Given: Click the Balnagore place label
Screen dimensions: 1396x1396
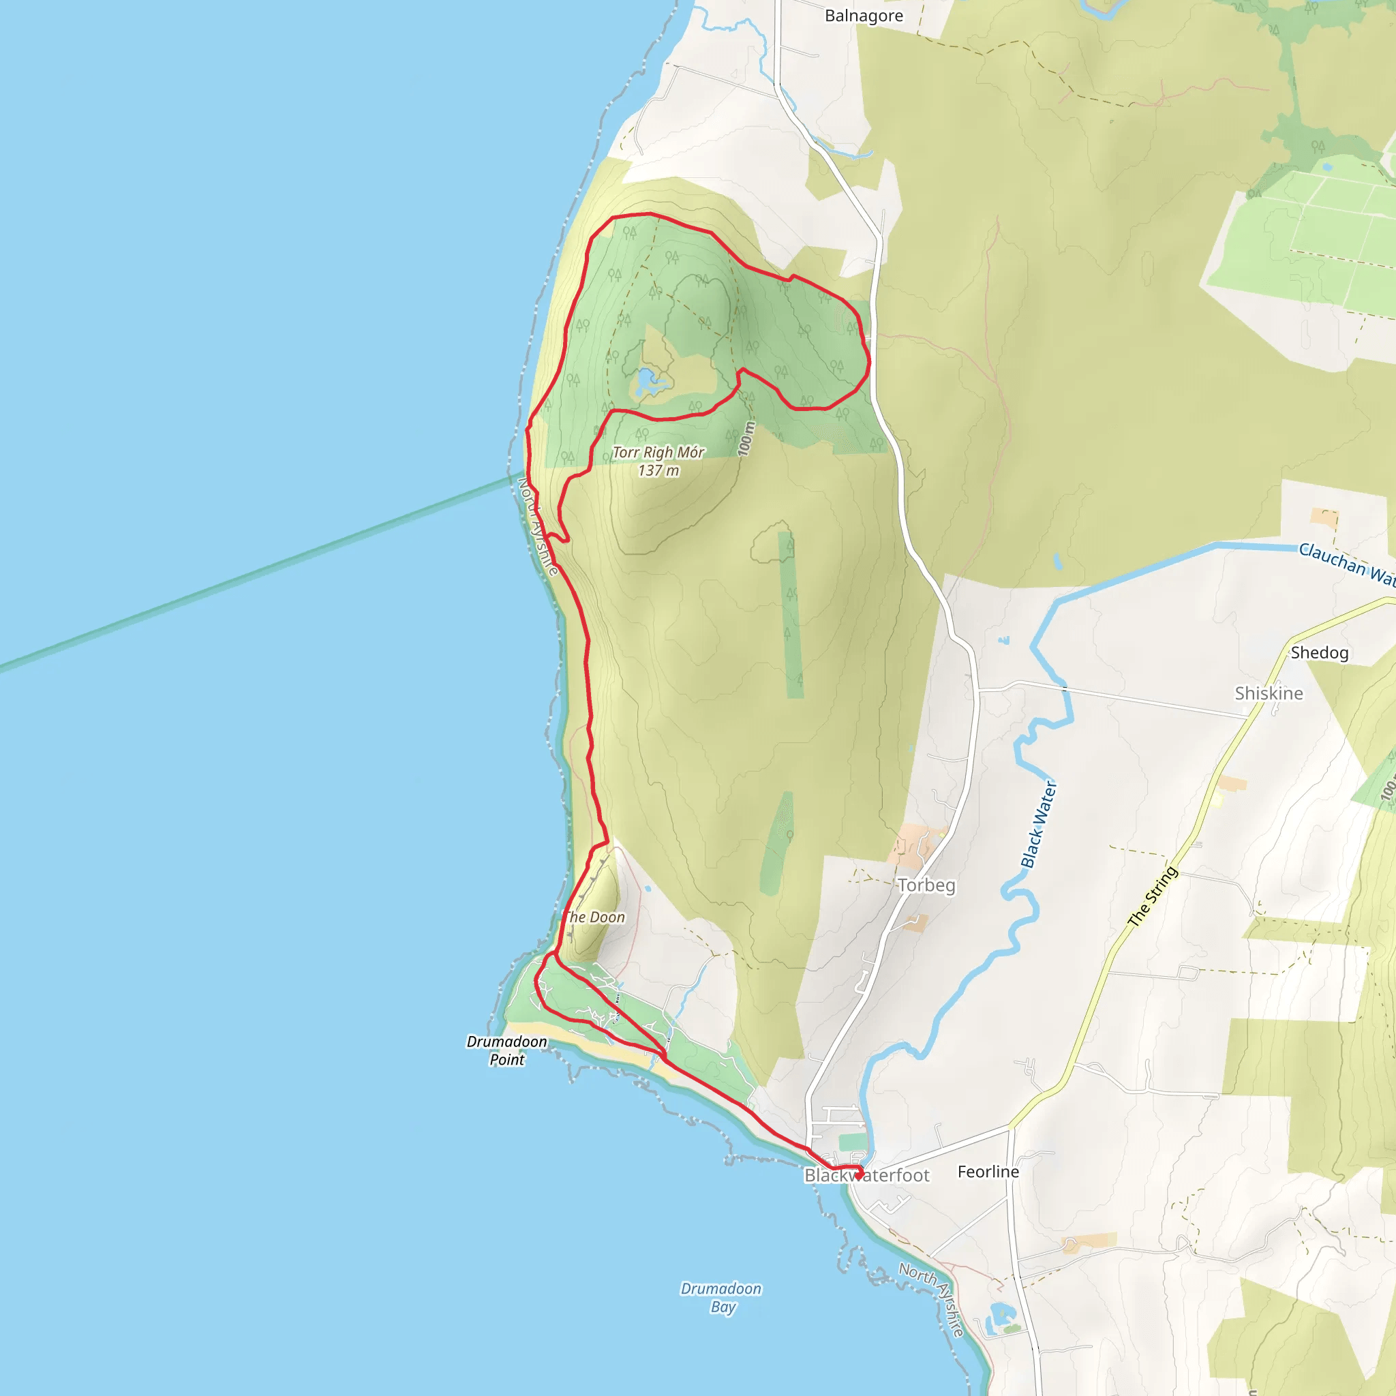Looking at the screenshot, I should tap(864, 16).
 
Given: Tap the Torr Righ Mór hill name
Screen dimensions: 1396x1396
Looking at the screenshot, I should tap(658, 453).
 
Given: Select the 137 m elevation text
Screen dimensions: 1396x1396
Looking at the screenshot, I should tap(658, 470).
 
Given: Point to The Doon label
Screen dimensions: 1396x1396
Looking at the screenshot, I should tap(594, 917).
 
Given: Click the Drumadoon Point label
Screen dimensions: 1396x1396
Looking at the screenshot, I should tap(506, 1050).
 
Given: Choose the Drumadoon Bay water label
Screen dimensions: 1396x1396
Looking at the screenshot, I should tap(721, 1297).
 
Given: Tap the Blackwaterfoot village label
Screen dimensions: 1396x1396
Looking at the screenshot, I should tap(866, 1176).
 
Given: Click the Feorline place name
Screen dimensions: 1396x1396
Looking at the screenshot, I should tap(988, 1171).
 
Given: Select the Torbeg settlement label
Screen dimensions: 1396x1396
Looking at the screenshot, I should tap(926, 885).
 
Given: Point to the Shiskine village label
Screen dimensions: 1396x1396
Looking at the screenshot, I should tap(1268, 694).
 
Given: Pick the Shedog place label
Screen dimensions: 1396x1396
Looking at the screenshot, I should tap(1320, 652).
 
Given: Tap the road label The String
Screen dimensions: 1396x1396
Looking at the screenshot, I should tap(1153, 896).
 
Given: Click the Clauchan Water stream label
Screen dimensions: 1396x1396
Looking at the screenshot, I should tap(1346, 563).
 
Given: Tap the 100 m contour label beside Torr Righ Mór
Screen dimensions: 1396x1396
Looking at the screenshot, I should tap(746, 438).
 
